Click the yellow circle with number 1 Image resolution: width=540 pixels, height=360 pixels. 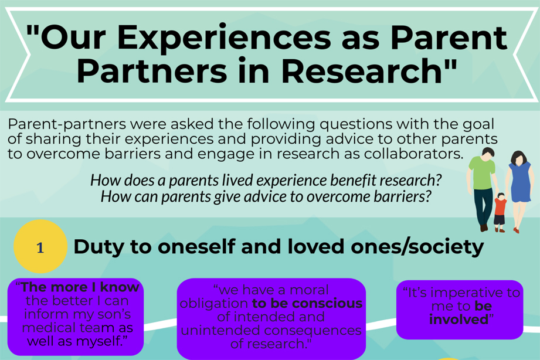click(40, 247)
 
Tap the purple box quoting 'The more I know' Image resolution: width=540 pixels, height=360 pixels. click(76, 317)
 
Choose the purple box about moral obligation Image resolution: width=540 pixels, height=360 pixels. click(271, 317)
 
